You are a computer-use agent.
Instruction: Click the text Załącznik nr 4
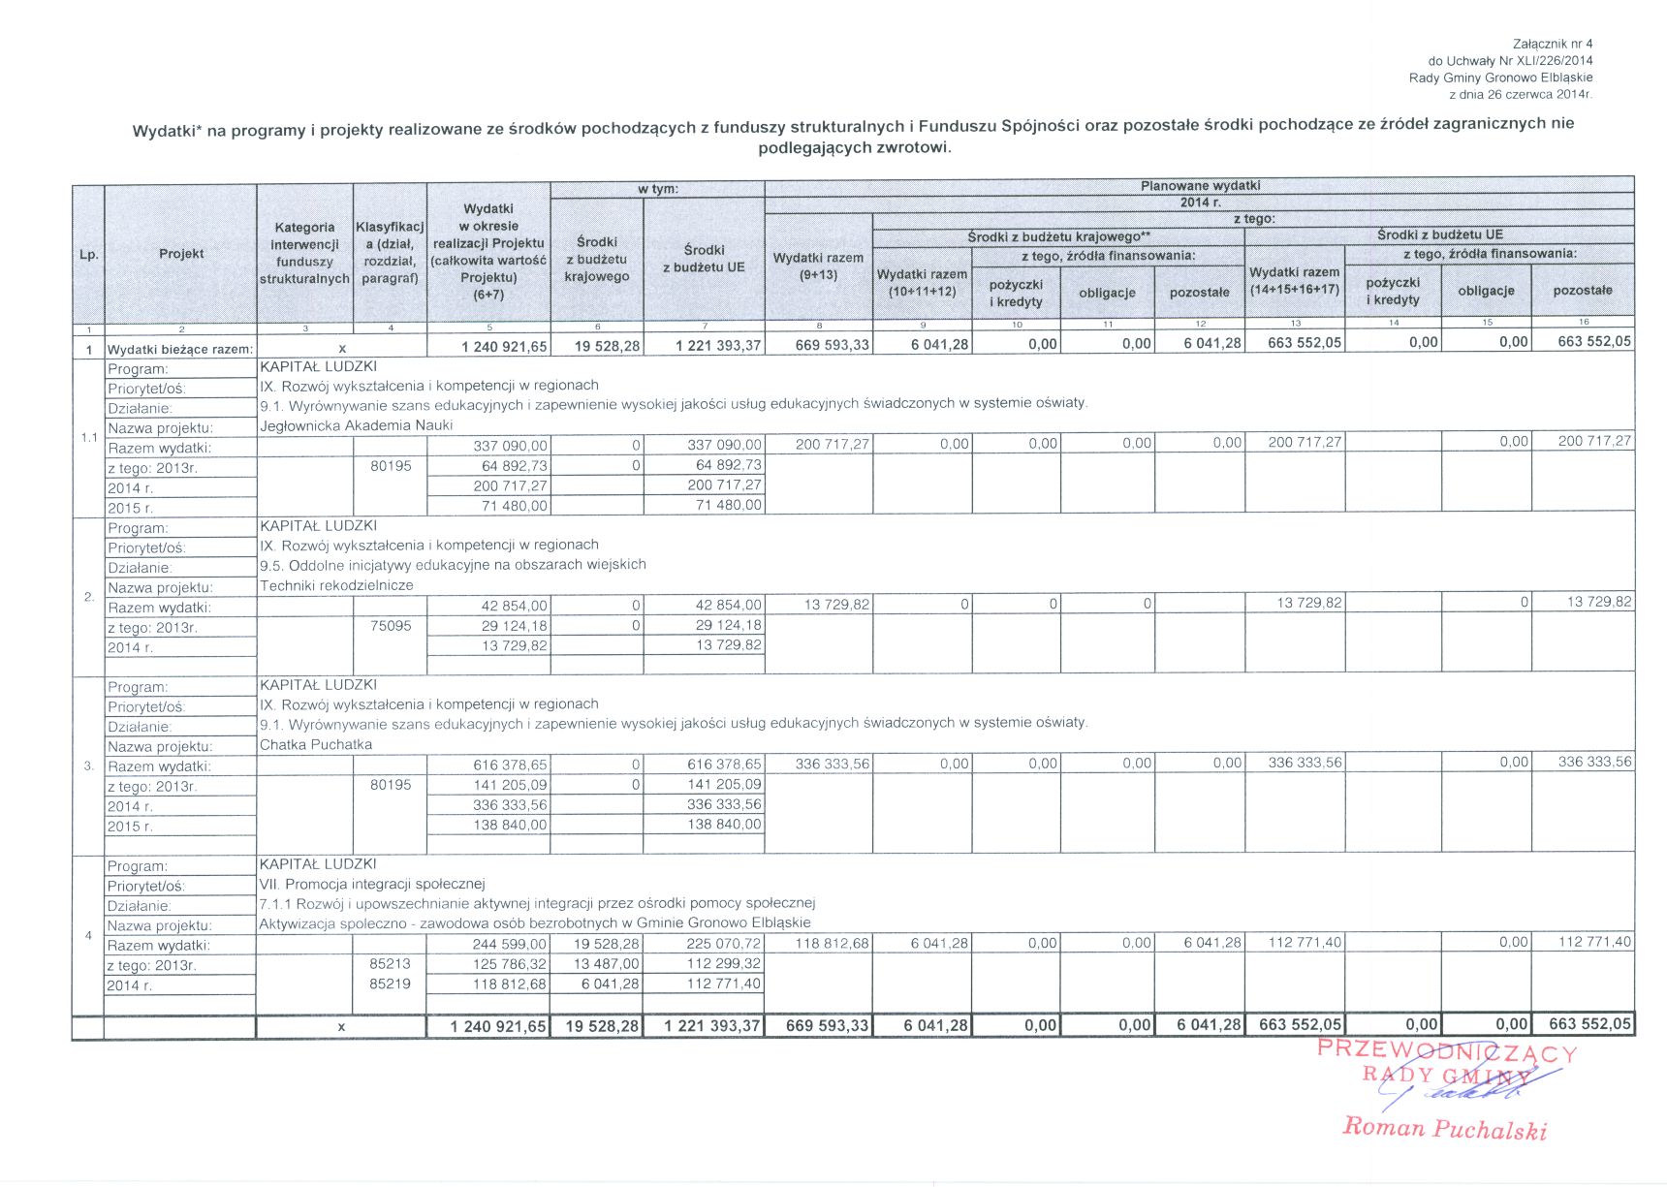click(1552, 44)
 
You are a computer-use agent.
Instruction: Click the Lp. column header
click(88, 254)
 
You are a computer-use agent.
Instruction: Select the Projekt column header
click(181, 254)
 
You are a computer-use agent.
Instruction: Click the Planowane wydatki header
click(1200, 185)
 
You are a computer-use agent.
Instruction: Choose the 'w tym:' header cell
click(658, 189)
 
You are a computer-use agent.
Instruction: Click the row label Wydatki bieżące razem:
click(180, 349)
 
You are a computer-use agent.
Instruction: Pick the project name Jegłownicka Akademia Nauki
click(356, 425)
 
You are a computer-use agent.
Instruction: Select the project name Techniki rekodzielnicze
click(336, 585)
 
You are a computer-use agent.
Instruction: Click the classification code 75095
click(391, 626)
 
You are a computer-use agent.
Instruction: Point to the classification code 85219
click(391, 984)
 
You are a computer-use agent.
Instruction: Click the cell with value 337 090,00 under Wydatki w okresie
click(510, 446)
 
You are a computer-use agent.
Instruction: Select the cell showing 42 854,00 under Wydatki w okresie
click(514, 606)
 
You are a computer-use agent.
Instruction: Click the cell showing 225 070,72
click(723, 944)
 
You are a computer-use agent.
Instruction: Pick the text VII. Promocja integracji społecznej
click(372, 884)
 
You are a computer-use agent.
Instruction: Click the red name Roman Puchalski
click(1444, 1129)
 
